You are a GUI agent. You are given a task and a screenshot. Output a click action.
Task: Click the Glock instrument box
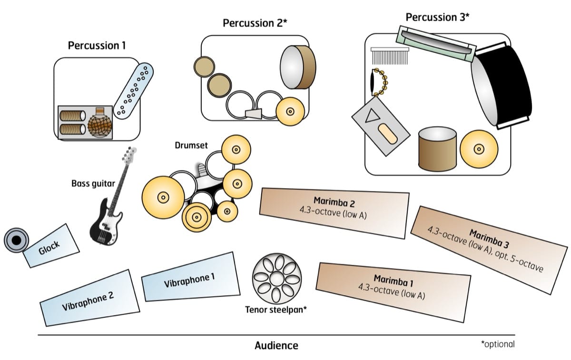coord(51,246)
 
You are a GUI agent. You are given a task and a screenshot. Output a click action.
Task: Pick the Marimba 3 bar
coord(490,248)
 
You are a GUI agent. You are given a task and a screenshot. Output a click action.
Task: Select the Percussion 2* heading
coord(255,23)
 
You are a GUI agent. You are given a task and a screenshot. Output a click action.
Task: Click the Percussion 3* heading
coord(437,17)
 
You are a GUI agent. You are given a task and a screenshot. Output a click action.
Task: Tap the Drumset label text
coord(190,145)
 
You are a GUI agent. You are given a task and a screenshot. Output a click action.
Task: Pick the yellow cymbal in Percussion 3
coord(479,149)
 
